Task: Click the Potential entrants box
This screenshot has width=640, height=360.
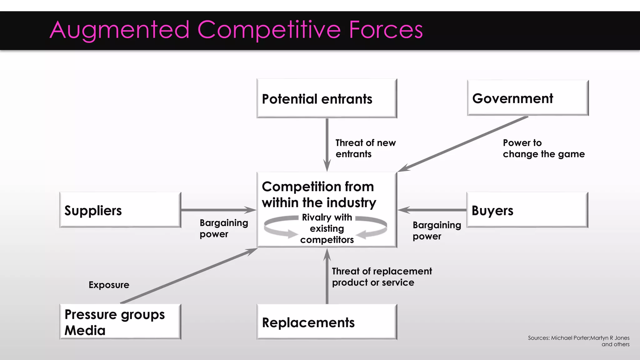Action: pos(327,98)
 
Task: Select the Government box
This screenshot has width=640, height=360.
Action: pos(527,98)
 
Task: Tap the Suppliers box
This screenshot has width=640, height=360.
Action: pos(120,210)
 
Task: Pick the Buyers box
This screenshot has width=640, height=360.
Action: pos(527,210)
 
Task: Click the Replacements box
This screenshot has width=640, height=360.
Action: pos(327,322)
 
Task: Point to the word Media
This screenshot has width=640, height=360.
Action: pos(85,331)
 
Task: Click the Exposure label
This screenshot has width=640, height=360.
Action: pos(109,285)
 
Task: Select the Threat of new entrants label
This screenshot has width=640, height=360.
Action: pos(365,148)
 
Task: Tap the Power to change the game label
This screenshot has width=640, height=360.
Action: pos(543,148)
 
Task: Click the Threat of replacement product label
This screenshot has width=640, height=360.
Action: pos(382,277)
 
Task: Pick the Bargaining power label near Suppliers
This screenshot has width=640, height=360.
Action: pos(224,228)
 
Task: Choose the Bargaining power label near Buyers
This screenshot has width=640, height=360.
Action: pos(437,231)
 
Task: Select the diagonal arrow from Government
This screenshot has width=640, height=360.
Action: pos(462,144)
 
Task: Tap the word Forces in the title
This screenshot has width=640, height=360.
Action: pos(386,30)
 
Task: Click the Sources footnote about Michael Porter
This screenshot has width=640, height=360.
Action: pos(578,341)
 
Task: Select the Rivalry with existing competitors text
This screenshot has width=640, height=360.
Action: pos(327,228)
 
